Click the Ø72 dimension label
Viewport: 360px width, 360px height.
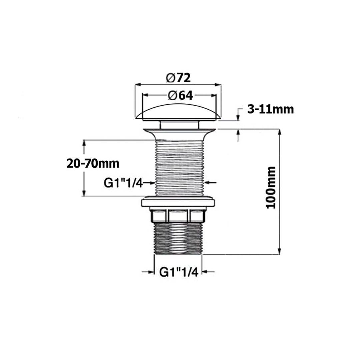pyautogui.click(x=178, y=78)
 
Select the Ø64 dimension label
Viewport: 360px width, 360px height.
pyautogui.click(x=180, y=96)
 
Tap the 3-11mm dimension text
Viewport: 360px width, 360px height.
pyautogui.click(x=270, y=110)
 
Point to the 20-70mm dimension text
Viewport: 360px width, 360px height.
pyautogui.click(x=93, y=164)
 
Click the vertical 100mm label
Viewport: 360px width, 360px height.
pyautogui.click(x=271, y=188)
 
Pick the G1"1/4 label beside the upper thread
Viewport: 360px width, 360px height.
pyautogui.click(x=123, y=183)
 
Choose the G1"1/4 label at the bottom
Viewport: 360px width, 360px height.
pyautogui.click(x=179, y=272)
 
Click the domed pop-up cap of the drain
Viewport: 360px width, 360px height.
pyautogui.click(x=178, y=112)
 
